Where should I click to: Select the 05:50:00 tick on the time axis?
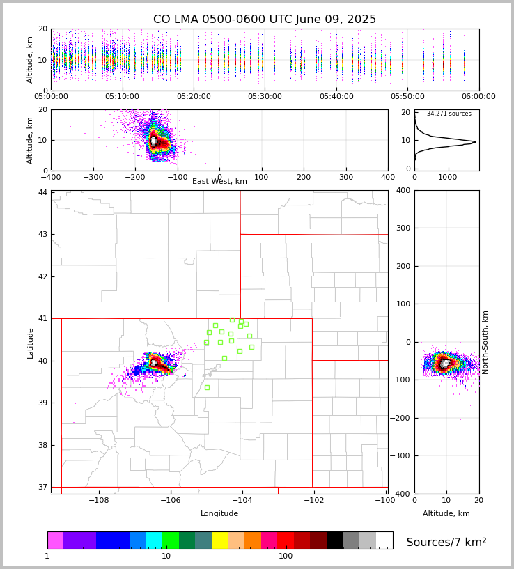click(407, 97)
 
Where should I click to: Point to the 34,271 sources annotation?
click(449, 114)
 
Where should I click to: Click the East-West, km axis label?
click(219, 182)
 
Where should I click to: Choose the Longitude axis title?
click(219, 514)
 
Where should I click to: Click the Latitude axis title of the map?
click(31, 343)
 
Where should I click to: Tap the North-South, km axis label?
click(485, 342)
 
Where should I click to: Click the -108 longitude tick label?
click(98, 501)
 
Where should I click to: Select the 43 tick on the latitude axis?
click(43, 234)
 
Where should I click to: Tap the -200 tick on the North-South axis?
click(403, 418)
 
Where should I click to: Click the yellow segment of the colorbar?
click(219, 540)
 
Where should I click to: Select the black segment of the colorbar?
click(335, 540)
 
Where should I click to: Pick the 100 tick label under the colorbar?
click(286, 556)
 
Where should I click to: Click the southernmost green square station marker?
click(207, 387)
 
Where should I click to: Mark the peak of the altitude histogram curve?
click(475, 142)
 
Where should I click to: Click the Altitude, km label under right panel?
click(446, 514)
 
